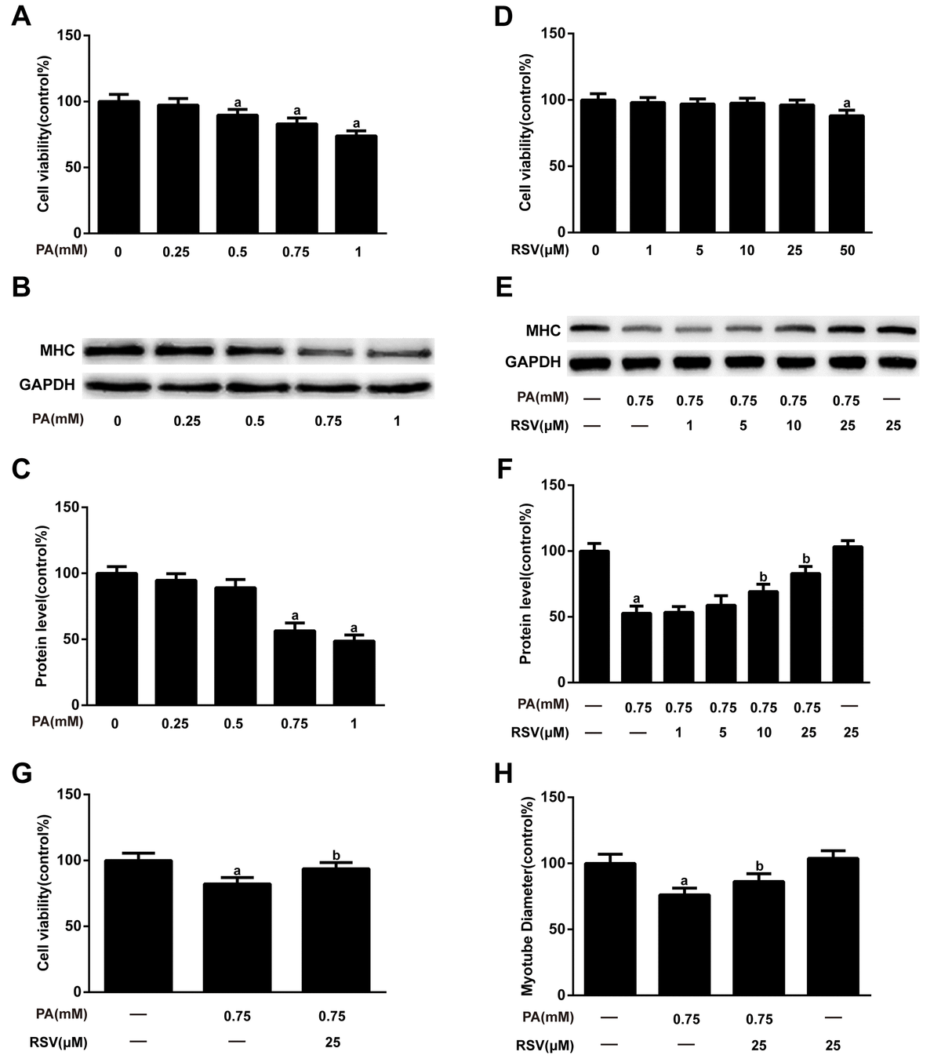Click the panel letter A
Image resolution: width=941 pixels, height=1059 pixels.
pos(21,16)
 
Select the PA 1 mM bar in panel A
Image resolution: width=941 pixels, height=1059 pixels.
pos(356,184)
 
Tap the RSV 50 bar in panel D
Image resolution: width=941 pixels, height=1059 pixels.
pos(845,174)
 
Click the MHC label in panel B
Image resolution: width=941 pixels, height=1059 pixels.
pos(59,350)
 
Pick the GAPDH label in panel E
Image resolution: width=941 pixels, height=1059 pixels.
pos(533,362)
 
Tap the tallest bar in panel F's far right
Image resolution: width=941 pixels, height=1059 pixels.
pos(847,614)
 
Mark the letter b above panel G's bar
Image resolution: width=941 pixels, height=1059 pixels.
pos(335,855)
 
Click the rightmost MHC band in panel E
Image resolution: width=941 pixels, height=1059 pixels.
pos(896,330)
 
